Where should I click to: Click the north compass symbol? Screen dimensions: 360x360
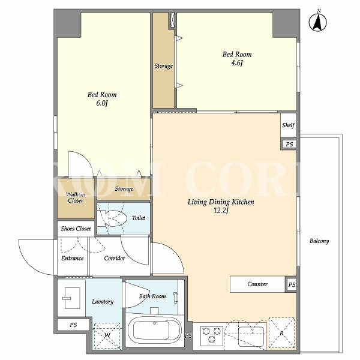tap(318, 22)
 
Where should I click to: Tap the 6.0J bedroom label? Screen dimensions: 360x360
tap(102, 99)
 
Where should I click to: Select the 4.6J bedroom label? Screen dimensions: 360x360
tap(237, 58)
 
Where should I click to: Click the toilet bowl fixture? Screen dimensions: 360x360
tap(113, 218)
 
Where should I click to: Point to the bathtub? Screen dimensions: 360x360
tap(155, 330)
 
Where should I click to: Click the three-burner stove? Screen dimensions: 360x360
tap(212, 336)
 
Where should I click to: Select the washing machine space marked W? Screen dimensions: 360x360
tap(107, 336)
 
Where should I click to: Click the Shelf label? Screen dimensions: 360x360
tap(289, 125)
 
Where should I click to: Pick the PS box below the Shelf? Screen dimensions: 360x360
tap(289, 144)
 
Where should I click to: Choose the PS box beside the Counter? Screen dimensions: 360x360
tap(292, 284)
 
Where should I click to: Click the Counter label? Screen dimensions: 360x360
tap(257, 284)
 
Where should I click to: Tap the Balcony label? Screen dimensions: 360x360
tap(319, 241)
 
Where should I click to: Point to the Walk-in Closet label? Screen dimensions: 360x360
tap(76, 197)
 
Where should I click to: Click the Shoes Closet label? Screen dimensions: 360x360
tap(76, 229)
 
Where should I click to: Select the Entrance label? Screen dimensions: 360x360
tap(73, 258)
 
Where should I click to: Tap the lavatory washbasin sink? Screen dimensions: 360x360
tap(71, 298)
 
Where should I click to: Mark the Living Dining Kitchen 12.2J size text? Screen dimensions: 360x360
tap(221, 211)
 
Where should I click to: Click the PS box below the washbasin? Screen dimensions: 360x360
tap(73, 325)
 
